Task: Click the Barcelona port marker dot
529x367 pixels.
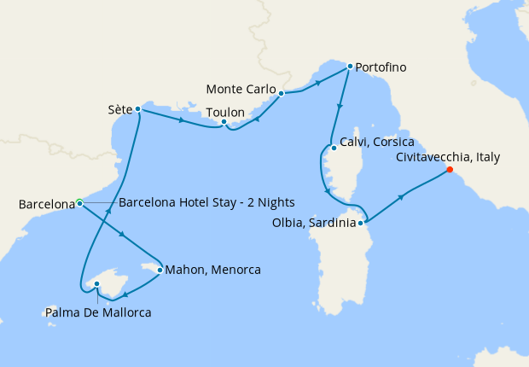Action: (78, 202)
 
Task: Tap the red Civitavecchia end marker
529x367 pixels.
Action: (450, 169)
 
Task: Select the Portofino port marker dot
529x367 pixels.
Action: (350, 67)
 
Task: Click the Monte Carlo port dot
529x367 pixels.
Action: (282, 92)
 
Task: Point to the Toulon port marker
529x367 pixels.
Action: (224, 122)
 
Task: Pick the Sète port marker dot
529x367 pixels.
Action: (137, 109)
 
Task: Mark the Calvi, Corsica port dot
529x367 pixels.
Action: (334, 148)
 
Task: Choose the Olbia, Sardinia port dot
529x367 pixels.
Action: (362, 224)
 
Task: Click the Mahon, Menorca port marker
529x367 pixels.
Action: (160, 270)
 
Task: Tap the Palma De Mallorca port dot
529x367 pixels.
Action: (96, 284)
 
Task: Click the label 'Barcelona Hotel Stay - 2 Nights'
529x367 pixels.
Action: (206, 202)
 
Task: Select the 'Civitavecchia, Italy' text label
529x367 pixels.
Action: (448, 157)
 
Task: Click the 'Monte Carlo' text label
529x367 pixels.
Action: (241, 90)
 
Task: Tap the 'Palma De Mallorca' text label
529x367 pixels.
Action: (99, 312)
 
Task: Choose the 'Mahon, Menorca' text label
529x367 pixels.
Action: (213, 270)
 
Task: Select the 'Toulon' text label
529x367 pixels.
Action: (225, 112)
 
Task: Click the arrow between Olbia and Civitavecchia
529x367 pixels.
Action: (400, 195)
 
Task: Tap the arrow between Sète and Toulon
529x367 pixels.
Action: (182, 120)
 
